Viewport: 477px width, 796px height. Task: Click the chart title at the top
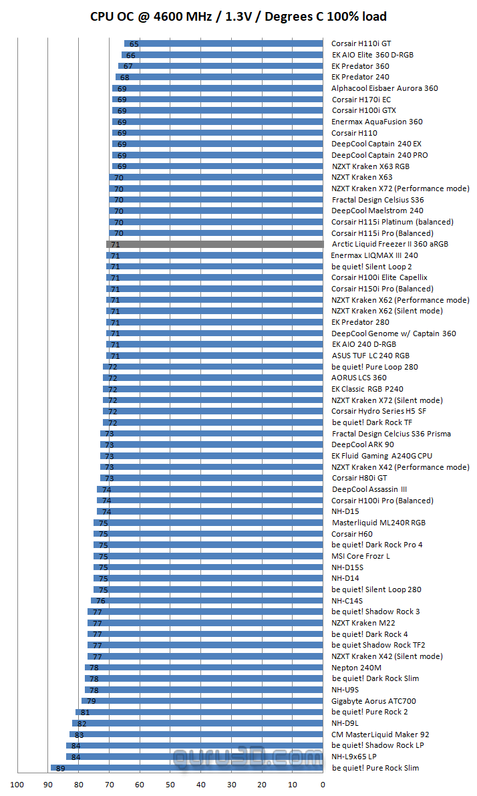coord(238,17)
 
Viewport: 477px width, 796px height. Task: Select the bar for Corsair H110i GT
coord(223,43)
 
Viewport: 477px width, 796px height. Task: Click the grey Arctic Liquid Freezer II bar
coord(214,245)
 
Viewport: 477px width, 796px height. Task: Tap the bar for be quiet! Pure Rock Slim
coord(187,768)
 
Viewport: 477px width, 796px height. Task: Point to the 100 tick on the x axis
coord(17,785)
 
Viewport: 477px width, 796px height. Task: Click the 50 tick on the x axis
coord(170,785)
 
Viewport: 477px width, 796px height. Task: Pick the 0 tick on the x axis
coord(323,785)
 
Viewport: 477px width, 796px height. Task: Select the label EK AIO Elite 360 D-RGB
coord(372,55)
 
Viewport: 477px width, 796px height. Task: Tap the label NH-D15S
coord(348,567)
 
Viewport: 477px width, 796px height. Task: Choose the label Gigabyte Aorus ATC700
coord(373,701)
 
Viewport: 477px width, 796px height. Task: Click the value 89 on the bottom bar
coord(60,769)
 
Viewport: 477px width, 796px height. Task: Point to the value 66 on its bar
coord(131,55)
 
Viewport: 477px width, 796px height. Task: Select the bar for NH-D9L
coord(197,723)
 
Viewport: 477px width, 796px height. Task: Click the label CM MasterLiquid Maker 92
coord(380,735)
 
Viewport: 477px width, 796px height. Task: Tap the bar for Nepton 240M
coord(204,668)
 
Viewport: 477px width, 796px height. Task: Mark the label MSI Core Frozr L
coord(361,556)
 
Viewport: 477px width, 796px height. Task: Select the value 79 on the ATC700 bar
coord(91,702)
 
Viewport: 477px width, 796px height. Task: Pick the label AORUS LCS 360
coord(359,378)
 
